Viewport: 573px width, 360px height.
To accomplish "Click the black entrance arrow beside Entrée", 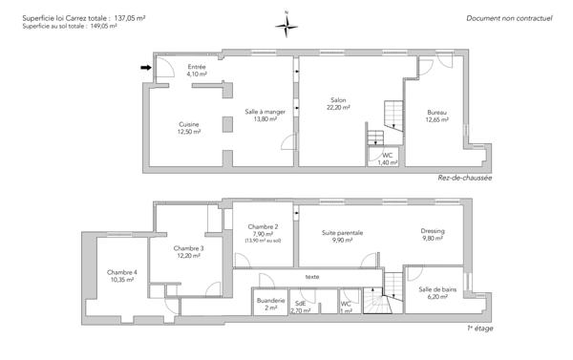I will [145, 68].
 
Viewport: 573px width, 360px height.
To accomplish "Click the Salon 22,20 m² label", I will [338, 103].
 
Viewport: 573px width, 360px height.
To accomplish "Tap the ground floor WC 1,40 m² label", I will [387, 159].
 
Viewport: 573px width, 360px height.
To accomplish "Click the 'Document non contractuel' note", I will [509, 18].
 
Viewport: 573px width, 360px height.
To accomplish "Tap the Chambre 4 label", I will [122, 276].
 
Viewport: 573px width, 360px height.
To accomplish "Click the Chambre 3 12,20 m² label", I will [190, 252].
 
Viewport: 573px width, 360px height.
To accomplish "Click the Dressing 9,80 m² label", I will [433, 235].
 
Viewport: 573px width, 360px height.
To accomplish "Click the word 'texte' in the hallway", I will [312, 277].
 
